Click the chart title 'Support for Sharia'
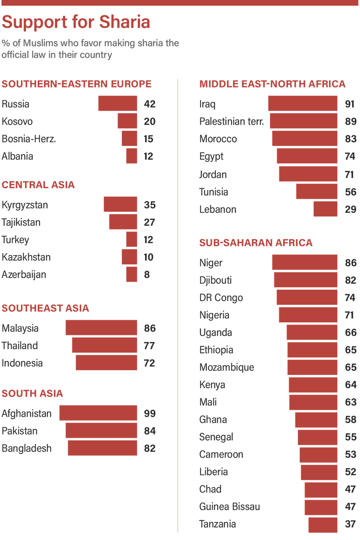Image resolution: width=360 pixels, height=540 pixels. coord(76,22)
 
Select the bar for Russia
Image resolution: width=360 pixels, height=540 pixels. coord(118,103)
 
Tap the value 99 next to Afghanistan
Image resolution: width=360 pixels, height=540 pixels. coord(150,413)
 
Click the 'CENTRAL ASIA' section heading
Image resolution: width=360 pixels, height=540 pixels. coord(38,185)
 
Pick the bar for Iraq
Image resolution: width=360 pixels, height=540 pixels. coord(303,103)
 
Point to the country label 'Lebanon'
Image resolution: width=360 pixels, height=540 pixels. coord(217,209)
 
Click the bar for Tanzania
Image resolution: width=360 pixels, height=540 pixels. coord(323,524)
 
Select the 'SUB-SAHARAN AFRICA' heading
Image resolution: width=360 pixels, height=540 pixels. coord(256,243)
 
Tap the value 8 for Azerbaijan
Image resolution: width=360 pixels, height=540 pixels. coord(147,275)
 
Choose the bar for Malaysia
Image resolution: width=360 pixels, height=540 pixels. coord(101,328)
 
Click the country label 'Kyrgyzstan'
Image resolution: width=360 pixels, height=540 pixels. coord(25,205)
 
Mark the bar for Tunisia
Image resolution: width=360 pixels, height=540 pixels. coord(317,192)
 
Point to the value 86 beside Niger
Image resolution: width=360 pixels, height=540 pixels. coord(351,262)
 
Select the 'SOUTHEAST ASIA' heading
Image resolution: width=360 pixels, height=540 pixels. coord(45,308)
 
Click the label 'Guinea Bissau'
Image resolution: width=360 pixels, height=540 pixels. coord(230,507)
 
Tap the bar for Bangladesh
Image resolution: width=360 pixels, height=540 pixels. coord(102,448)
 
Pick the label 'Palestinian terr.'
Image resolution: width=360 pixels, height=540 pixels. coord(231,121)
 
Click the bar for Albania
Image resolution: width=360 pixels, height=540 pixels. coord(132,156)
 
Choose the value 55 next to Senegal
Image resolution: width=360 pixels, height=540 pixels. coord(351,437)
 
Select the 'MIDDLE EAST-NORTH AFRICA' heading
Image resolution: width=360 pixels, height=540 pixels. coord(272,84)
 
